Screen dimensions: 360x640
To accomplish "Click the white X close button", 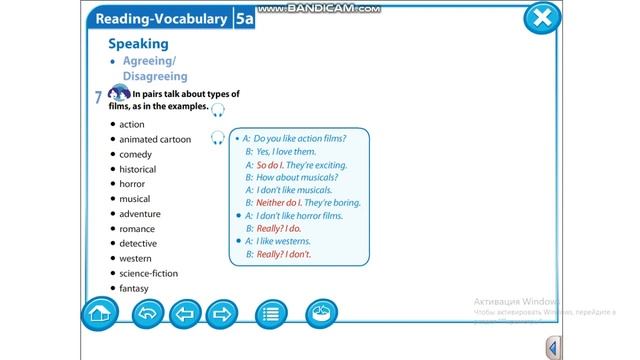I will point(541,18).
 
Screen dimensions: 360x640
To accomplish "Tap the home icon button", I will point(98,313).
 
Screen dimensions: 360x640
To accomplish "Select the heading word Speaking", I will point(138,44).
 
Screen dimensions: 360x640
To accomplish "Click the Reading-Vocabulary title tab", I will point(160,18).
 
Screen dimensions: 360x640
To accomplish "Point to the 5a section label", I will point(244,18).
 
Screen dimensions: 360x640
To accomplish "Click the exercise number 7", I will point(98,98).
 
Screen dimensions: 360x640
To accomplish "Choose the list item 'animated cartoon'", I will point(155,140).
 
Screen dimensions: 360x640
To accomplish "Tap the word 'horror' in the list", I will point(132,184).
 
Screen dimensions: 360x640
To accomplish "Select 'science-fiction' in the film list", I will point(149,273).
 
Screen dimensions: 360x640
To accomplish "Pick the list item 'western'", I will point(136,258).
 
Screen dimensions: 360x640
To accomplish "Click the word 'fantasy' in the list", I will point(134,288).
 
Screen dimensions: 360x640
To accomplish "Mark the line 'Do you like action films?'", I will point(300,138).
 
